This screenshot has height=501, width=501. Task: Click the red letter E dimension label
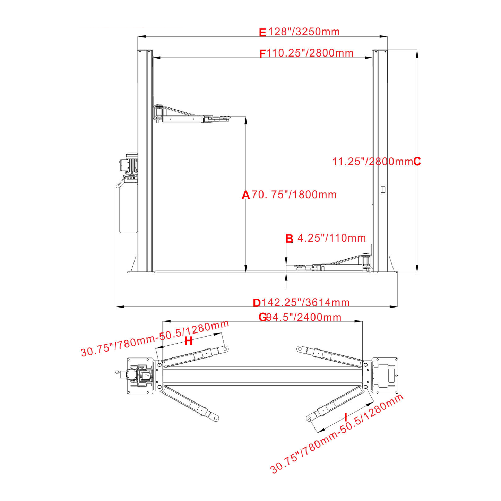pos(262,33)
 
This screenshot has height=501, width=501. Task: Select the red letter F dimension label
pos(262,54)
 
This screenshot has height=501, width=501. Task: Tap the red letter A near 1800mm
pos(245,195)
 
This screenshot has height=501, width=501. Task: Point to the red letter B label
pos(289,239)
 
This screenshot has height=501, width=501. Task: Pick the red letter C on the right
pos(417,162)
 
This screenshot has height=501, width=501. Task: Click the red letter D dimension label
pos(257,303)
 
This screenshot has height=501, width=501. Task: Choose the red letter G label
pos(262,317)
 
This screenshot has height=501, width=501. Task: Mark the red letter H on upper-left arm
pos(188,341)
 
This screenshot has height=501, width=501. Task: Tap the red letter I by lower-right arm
pos(345,417)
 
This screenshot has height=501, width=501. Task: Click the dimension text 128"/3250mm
pos(304,32)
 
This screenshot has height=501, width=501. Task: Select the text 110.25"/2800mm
pos(310,53)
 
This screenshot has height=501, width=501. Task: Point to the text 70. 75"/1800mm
pos(294,195)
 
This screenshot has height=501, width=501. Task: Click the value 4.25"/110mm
pos(332,238)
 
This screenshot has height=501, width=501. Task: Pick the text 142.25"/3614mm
pos(305,303)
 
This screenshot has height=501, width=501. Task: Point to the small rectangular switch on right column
pos(383,190)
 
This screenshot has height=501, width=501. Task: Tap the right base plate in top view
pos(385,375)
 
